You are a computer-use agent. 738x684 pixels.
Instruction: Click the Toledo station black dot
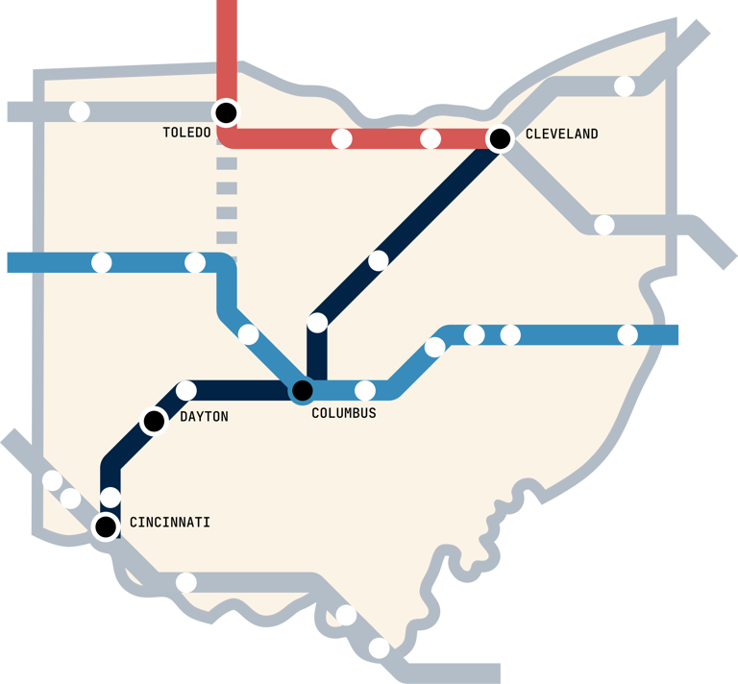226,112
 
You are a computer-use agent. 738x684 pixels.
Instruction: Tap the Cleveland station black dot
500,139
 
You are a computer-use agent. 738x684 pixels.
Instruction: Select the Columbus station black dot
302,390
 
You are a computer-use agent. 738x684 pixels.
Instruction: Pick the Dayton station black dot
154,421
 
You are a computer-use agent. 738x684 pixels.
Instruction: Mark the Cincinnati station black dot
106,525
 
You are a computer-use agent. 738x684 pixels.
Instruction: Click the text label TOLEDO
186,133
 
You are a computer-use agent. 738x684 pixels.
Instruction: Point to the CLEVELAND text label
561,134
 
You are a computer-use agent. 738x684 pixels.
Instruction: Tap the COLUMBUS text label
344,413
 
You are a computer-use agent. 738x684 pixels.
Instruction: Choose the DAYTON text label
204,417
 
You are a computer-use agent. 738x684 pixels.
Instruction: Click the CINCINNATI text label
168,523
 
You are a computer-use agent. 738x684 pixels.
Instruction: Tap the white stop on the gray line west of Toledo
80,111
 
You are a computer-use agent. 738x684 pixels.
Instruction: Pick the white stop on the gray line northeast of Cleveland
625,86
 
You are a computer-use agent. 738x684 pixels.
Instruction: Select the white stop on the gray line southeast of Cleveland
604,225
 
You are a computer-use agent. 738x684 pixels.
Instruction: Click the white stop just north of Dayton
186,390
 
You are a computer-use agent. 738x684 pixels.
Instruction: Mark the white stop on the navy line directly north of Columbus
317,323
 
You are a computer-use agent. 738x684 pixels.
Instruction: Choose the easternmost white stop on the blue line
627,334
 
